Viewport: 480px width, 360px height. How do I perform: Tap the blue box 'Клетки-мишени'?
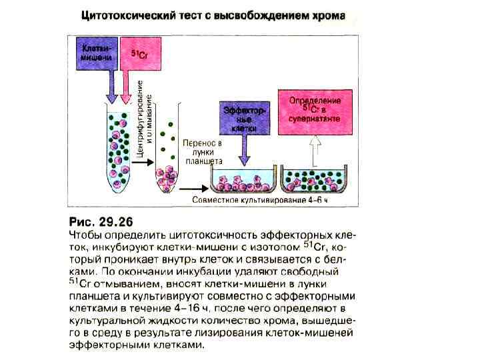[x=97, y=52]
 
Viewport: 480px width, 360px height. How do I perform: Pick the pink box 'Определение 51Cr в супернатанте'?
[x=316, y=111]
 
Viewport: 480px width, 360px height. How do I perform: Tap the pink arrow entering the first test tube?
[x=125, y=84]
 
